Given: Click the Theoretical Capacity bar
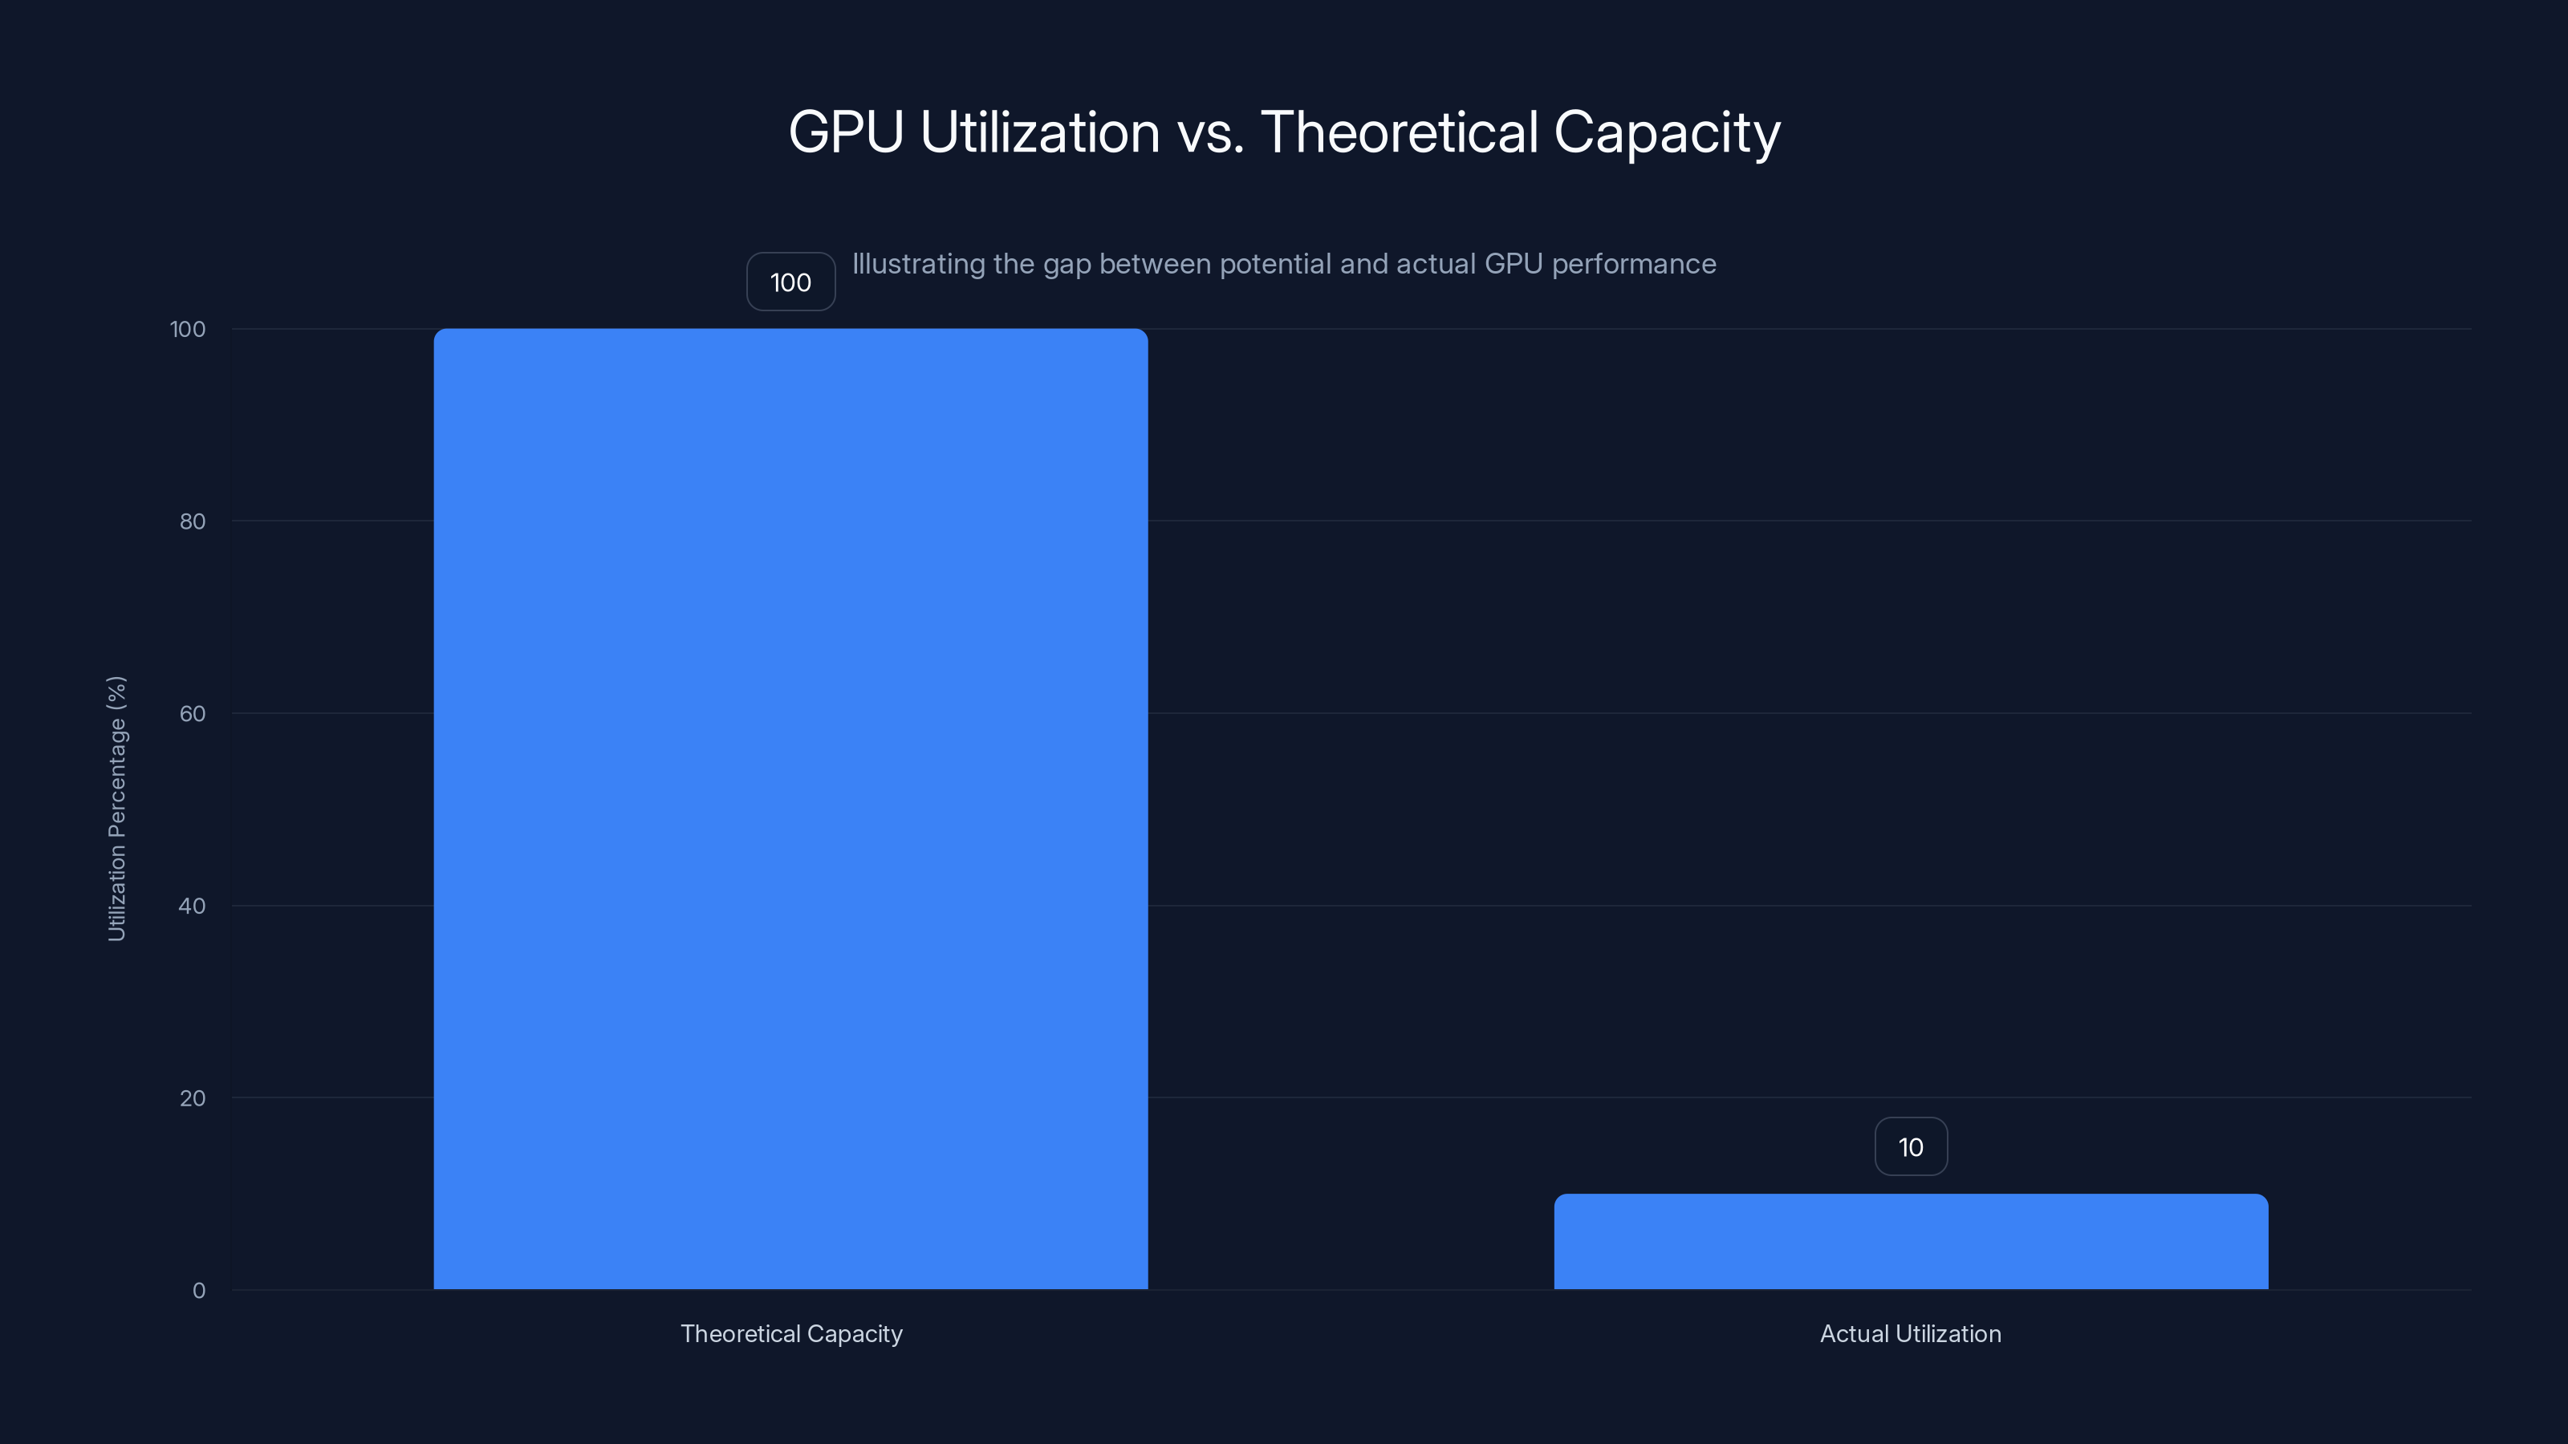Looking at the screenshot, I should pyautogui.click(x=790, y=808).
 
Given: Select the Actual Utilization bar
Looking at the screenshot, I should pyautogui.click(x=1910, y=1242).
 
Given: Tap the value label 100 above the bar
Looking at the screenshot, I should pyautogui.click(x=790, y=282).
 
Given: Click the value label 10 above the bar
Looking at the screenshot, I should pyautogui.click(x=1910, y=1147).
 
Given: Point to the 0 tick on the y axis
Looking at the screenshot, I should pyautogui.click(x=198, y=1291).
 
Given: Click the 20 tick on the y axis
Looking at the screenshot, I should pyautogui.click(x=193, y=1098).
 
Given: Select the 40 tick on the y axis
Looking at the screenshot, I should pyautogui.click(x=193, y=906).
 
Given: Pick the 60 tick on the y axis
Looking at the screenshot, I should pyautogui.click(x=193, y=713).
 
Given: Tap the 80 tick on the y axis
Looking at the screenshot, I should pyautogui.click(x=193, y=521).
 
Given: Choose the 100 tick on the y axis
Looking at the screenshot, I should pyautogui.click(x=188, y=329).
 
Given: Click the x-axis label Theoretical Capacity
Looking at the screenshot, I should pyautogui.click(x=790, y=1333).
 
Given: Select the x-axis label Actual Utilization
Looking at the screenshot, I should pyautogui.click(x=1910, y=1333).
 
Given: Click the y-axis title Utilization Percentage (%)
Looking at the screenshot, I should pyautogui.click(x=116, y=808).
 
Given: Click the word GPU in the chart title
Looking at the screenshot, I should pyautogui.click(x=845, y=132).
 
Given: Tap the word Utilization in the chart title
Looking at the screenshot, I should pyautogui.click(x=1040, y=132).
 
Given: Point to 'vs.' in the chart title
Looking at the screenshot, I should pyautogui.click(x=1210, y=132).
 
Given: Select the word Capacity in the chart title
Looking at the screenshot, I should pyautogui.click(x=1666, y=132).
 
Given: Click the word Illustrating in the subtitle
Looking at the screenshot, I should pyautogui.click(x=918, y=264).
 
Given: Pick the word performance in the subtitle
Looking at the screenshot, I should pyautogui.click(x=1634, y=264).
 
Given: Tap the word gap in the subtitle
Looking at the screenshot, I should pyautogui.click(x=1067, y=264).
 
